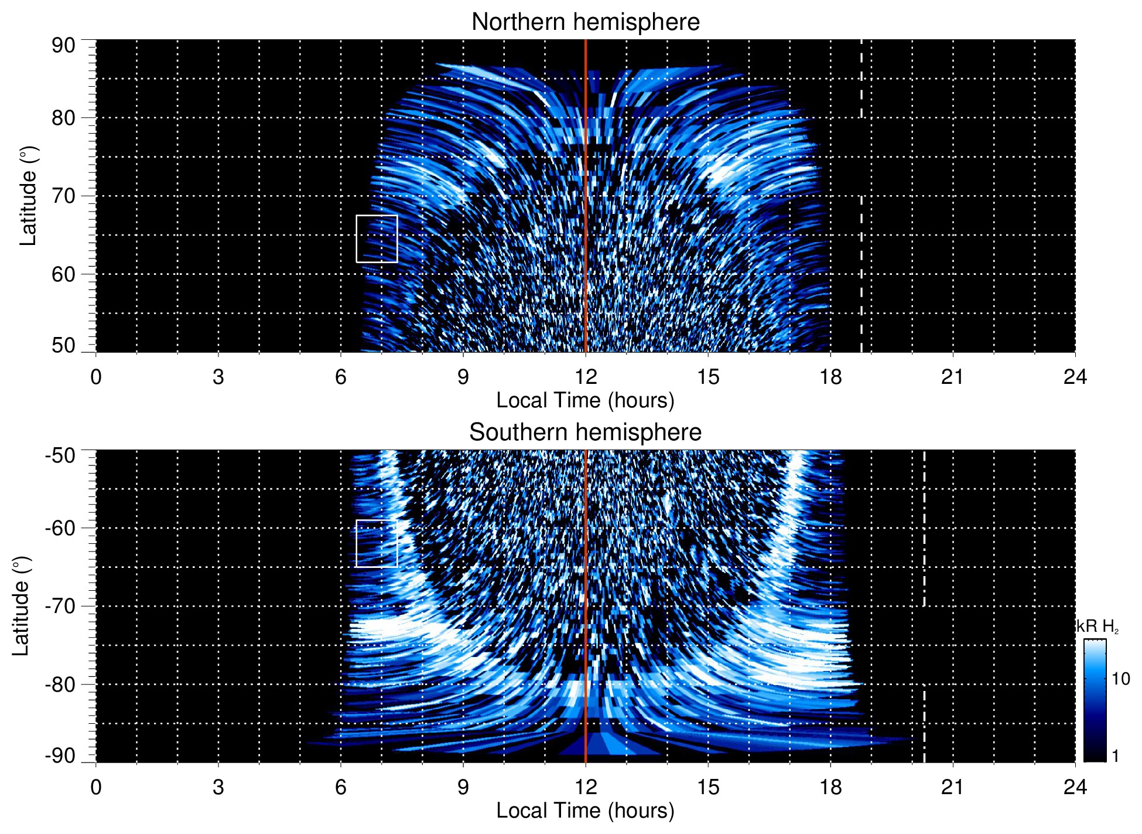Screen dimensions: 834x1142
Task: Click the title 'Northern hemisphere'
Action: point(585,22)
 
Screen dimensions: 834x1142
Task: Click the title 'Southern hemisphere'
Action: point(585,433)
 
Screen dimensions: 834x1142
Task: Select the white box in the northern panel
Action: point(377,239)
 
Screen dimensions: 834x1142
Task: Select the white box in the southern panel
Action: point(377,543)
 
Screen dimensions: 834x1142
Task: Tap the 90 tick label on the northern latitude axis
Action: point(63,46)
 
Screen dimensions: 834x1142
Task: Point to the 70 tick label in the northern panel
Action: point(63,196)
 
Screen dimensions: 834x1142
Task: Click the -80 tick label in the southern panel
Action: point(60,685)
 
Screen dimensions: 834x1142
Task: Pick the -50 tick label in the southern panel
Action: point(60,455)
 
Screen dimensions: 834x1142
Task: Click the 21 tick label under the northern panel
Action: point(952,377)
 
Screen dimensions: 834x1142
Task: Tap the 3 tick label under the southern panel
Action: point(218,787)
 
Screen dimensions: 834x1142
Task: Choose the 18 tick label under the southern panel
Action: point(830,787)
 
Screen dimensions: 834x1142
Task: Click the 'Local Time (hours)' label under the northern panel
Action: point(585,400)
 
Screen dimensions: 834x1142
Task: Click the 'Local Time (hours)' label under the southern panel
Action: point(585,811)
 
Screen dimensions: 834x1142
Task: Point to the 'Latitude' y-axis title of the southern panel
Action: point(20,606)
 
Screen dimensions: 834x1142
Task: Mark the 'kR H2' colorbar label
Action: point(1097,627)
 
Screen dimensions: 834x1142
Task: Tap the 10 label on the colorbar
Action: point(1120,679)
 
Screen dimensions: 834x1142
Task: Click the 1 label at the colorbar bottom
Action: point(1115,756)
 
